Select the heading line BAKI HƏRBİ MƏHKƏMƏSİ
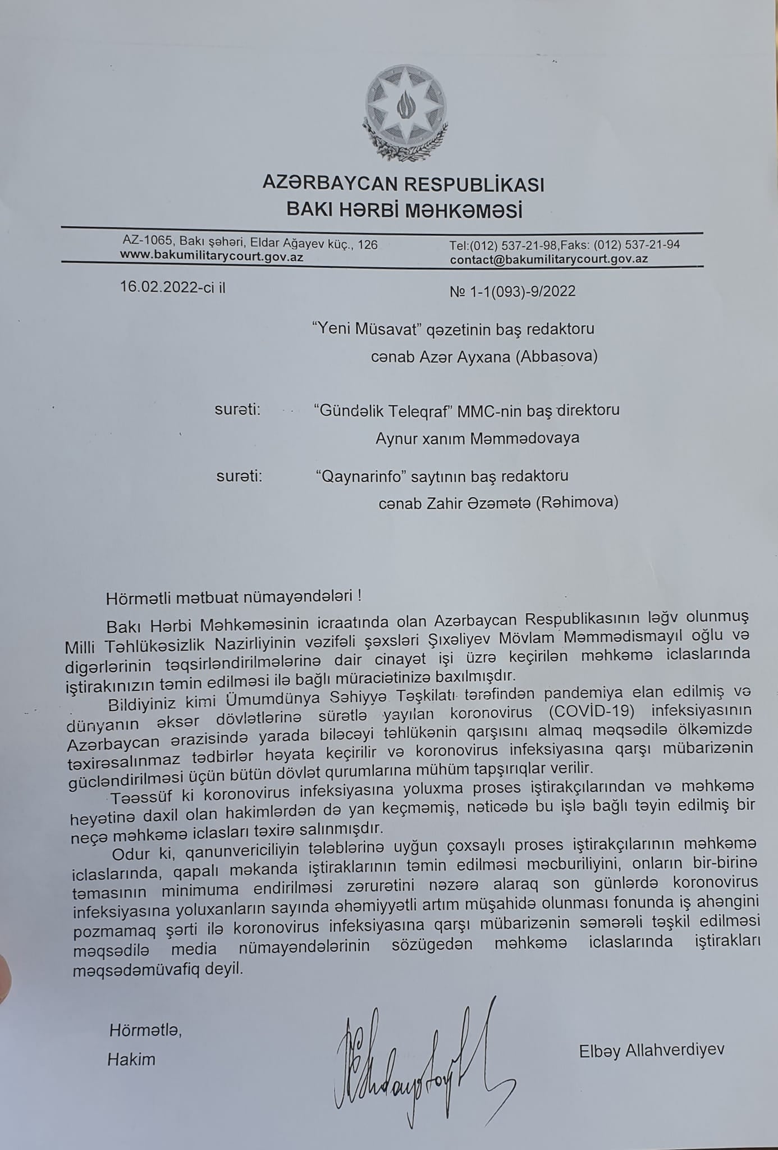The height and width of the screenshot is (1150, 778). click(404, 211)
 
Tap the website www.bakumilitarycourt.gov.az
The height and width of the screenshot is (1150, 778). click(212, 256)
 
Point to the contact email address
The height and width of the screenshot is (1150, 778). click(549, 259)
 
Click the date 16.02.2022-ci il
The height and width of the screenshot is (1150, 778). click(172, 288)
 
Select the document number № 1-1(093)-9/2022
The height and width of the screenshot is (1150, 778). click(512, 291)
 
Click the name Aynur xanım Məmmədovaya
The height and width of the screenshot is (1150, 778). click(477, 438)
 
